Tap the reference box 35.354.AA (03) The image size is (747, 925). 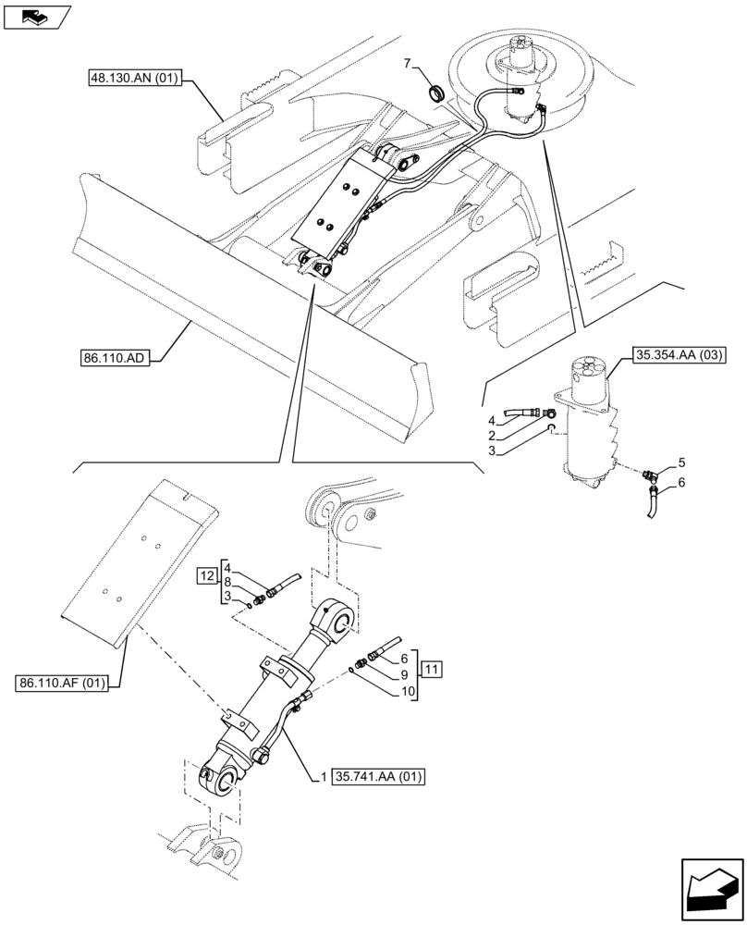coord(680,353)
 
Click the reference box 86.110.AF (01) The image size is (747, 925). coord(63,684)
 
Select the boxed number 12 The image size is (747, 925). coord(205,576)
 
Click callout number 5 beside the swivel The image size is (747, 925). coord(681,461)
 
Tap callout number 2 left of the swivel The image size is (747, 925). coord(492,435)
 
